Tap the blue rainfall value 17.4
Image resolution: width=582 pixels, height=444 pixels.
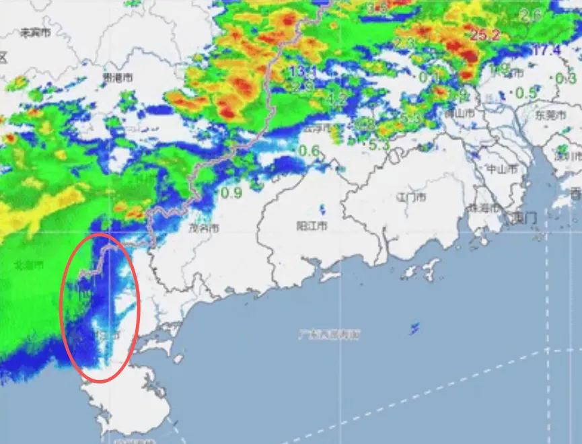[x=546, y=50]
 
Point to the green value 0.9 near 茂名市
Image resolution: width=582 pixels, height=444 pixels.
[x=231, y=193]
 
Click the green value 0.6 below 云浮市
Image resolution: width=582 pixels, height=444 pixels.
[x=309, y=151]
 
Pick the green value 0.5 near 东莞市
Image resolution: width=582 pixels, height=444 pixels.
[x=525, y=93]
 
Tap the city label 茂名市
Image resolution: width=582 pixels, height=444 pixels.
[x=204, y=228]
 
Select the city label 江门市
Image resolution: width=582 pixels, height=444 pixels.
[x=412, y=197]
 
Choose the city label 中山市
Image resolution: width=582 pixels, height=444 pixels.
[x=503, y=169]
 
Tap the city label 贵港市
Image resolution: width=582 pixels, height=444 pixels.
[x=117, y=78]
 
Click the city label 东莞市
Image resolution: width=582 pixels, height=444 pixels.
[x=550, y=114]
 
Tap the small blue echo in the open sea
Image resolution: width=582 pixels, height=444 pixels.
[x=414, y=328]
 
